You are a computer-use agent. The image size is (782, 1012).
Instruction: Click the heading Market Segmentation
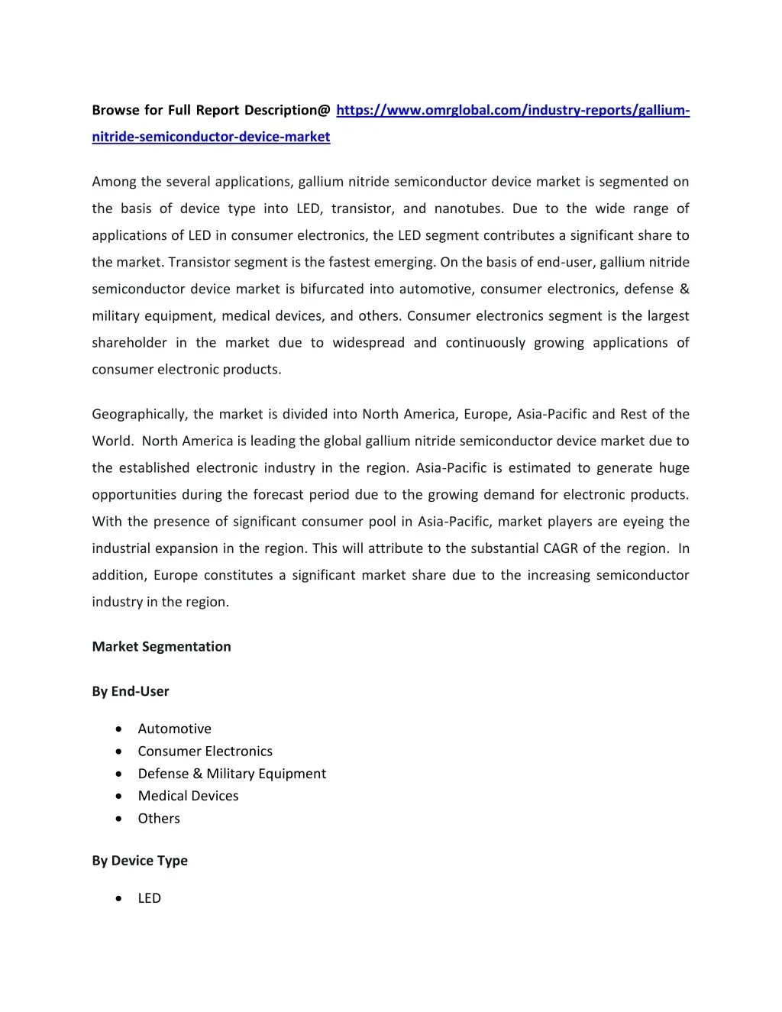161,646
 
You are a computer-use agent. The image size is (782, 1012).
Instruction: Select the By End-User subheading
131,691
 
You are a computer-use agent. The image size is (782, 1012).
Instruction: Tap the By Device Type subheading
140,861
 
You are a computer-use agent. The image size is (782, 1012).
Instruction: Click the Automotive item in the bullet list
174,729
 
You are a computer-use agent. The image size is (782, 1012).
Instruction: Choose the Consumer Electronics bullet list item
205,751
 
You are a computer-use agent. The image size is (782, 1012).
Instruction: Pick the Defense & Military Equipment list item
231,774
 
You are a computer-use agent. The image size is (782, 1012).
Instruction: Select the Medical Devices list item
188,796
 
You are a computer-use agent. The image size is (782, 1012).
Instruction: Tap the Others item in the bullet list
159,818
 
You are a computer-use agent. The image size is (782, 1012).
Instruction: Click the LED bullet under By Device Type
149,898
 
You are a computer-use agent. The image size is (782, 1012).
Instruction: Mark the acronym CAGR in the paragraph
561,548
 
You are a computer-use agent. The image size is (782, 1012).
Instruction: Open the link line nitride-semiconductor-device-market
211,137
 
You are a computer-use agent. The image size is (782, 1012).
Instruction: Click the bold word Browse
115,110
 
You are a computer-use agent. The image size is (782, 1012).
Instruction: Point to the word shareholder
129,343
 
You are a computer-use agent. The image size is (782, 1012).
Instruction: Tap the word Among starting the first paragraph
115,182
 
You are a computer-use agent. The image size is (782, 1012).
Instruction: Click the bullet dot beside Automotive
118,729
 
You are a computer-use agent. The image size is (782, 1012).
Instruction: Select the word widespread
368,343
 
